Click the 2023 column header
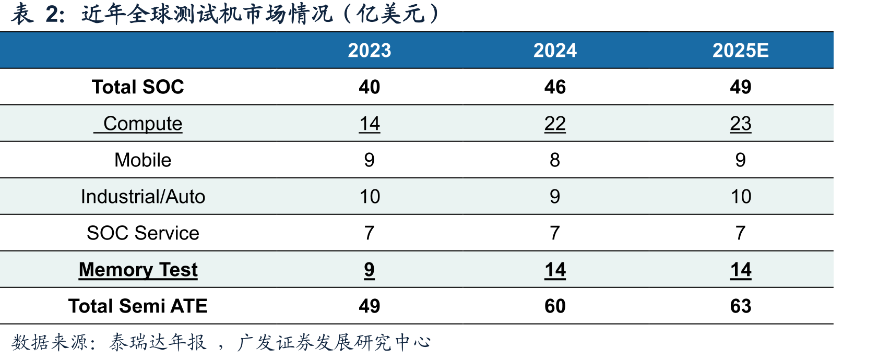point(370,51)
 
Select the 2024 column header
point(555,51)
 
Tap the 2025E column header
point(741,51)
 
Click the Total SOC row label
point(138,87)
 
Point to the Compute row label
point(143,124)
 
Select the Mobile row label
point(143,160)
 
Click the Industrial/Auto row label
point(143,197)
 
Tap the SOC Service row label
point(143,233)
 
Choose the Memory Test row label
point(138,270)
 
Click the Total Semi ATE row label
point(138,306)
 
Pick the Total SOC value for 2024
point(555,87)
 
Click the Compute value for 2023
point(370,124)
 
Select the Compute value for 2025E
point(741,124)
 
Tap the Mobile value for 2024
point(555,160)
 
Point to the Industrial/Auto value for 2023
point(370,197)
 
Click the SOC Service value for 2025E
point(741,233)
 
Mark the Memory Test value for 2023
point(370,270)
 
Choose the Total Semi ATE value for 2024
point(555,306)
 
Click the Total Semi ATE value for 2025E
point(741,306)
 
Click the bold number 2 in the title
point(52,15)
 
